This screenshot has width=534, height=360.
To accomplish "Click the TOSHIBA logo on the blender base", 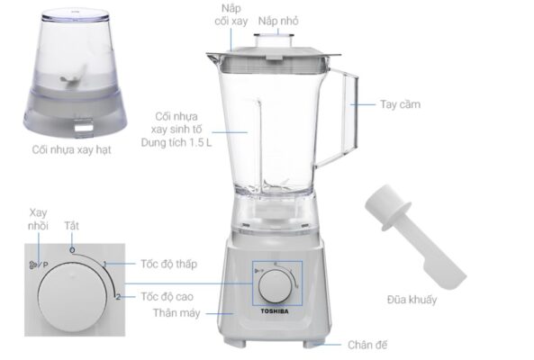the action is coord(275,311).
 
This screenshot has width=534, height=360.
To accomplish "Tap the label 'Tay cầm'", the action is coord(400,104).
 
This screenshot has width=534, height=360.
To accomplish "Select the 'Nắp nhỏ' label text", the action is coord(278,21).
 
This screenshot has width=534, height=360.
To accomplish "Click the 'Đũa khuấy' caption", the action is coord(412,300).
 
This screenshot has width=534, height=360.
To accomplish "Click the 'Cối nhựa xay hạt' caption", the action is coord(71,149).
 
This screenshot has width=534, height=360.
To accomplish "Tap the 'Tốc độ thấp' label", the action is coord(169,264).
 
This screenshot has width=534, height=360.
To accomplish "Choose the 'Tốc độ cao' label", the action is coord(167,297).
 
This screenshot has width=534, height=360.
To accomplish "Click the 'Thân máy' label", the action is coord(176,313).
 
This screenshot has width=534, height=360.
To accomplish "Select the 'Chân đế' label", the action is coord(367,345).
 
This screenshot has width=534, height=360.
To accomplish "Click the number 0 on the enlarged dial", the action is coord(72,250).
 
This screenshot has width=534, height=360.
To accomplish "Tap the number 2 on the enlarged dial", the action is coord(118,297).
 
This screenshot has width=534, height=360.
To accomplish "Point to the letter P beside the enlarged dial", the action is coord(45,265).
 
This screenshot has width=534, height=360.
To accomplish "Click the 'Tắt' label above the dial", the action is coord(71,226).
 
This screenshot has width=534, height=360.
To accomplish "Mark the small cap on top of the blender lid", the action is coord(274,40).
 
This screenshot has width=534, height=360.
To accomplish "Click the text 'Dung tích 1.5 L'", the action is coord(176,142).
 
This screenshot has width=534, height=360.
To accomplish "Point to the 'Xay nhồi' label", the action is coord(38,219).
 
